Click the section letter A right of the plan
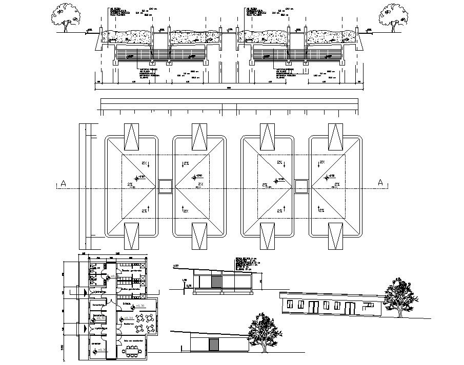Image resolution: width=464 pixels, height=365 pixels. [380, 183]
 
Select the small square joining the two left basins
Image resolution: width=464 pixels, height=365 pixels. [165, 186]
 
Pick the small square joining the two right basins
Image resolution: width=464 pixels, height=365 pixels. [301, 186]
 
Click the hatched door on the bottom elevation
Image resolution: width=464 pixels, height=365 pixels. [216, 345]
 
